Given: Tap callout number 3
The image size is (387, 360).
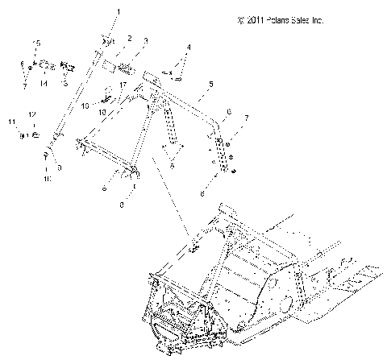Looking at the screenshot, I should coord(146,41).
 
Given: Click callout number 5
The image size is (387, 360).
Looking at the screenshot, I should coord(210,84).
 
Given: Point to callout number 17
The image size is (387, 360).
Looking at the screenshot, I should coord(123,85).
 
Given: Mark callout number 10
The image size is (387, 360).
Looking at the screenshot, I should coord(48,179).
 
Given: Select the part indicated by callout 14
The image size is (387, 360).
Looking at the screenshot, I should coord(47,64).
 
